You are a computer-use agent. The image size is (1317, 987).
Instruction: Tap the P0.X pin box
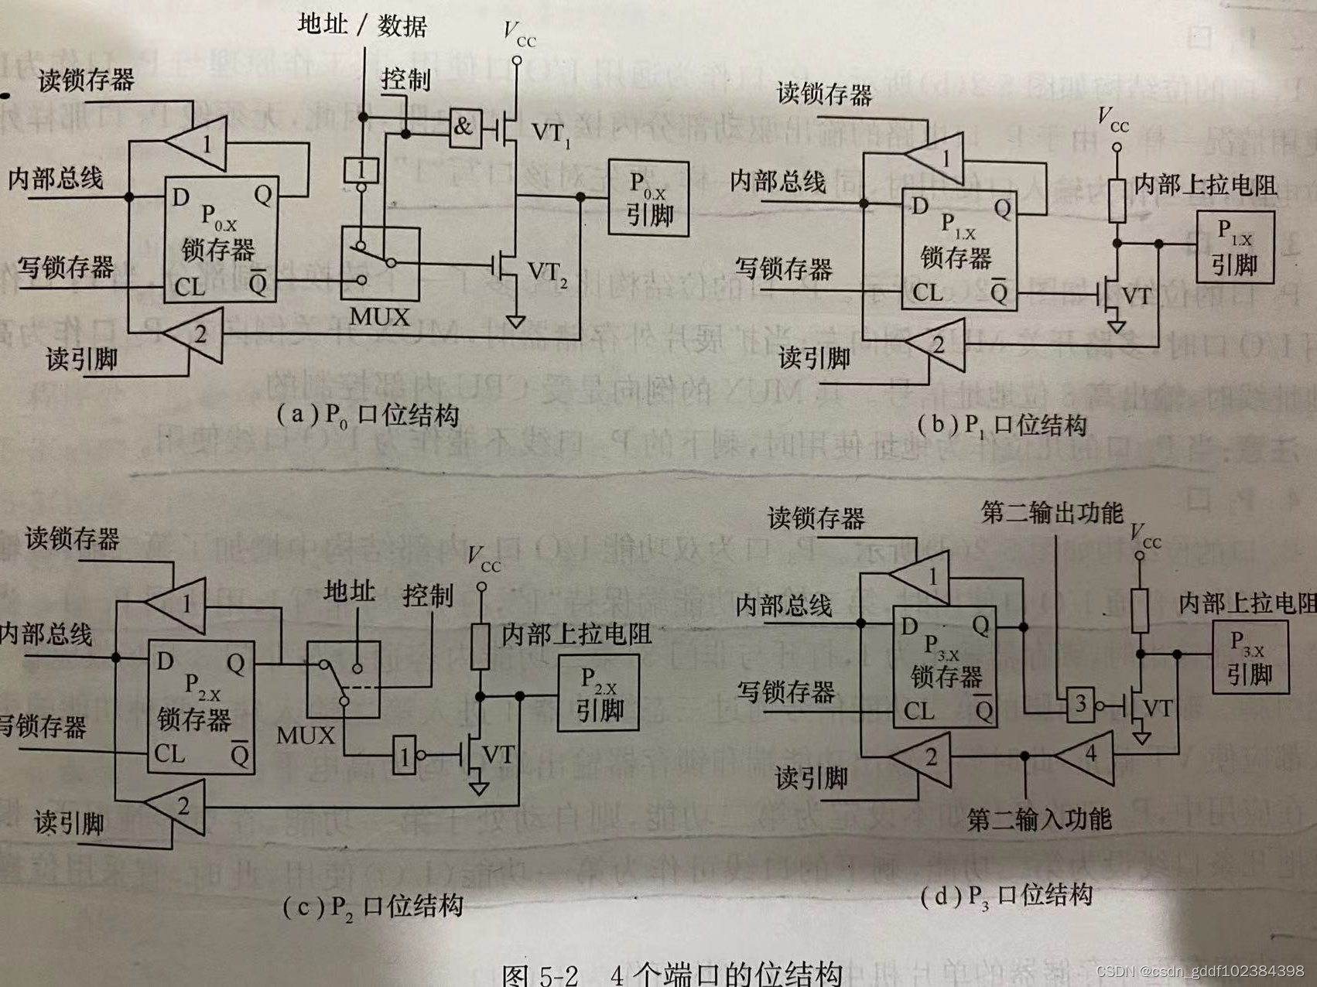point(648,199)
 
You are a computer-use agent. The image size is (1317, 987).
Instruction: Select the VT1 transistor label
point(550,134)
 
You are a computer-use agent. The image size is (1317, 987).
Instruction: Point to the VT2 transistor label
point(546,273)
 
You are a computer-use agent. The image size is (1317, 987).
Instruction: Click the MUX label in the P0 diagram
point(379,317)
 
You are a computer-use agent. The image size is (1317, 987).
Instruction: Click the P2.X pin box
point(598,693)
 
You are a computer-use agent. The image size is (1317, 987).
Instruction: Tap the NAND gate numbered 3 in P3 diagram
point(1080,704)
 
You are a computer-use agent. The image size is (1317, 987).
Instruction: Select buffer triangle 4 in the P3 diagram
point(1088,754)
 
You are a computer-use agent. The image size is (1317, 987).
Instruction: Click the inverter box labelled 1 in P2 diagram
point(404,756)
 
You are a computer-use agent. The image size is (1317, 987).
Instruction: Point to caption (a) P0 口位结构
point(368,415)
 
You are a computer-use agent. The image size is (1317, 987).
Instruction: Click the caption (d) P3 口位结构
point(1006,896)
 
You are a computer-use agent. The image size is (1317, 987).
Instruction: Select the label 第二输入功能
point(1038,818)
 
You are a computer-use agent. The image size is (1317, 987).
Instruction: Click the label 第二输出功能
point(1051,512)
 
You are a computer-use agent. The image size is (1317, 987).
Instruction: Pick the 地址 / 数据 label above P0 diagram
point(362,25)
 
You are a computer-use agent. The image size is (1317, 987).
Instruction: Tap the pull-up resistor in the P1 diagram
point(1116,200)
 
